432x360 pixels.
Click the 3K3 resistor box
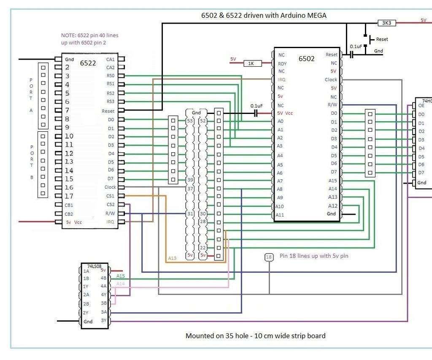(x=386, y=23)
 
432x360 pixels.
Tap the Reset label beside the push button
(x=382, y=39)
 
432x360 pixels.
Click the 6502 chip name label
(x=307, y=59)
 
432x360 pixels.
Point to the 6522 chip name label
(x=88, y=63)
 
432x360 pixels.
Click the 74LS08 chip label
(x=95, y=266)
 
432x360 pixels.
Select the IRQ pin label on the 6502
(x=282, y=79)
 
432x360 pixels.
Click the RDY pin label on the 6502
(x=282, y=63)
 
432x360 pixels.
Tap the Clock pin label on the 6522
(x=110, y=187)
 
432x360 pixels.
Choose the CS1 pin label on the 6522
(x=110, y=196)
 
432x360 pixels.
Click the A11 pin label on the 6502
(x=280, y=215)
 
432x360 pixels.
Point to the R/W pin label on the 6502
(x=332, y=105)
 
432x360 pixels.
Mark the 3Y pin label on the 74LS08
(x=103, y=320)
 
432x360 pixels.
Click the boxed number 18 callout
(x=269, y=257)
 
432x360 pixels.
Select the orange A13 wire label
(x=172, y=258)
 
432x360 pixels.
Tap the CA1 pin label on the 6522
(x=110, y=60)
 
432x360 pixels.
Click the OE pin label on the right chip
(x=421, y=106)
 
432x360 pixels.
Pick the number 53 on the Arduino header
(x=190, y=121)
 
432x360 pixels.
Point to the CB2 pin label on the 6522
(x=69, y=214)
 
